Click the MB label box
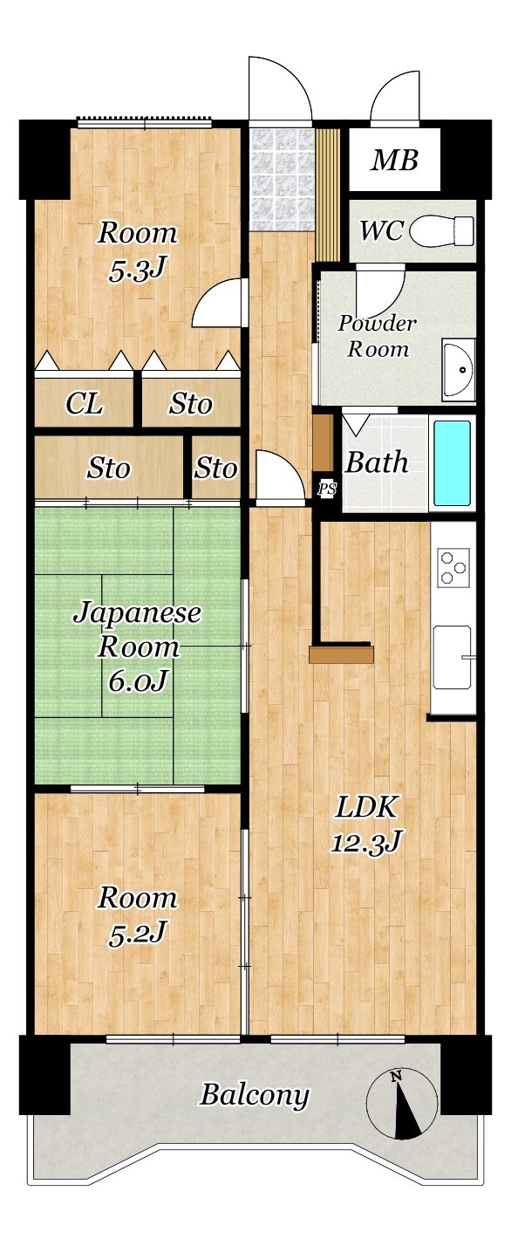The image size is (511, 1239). [394, 160]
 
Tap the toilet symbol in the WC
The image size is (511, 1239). [442, 231]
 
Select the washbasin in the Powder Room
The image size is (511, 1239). [458, 369]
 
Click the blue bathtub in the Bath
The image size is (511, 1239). [453, 463]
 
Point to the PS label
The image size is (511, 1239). [327, 489]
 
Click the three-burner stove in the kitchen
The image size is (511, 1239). [454, 566]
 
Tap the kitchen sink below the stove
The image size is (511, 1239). [453, 656]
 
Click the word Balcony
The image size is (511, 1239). [255, 1095]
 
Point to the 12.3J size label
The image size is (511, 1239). [366, 842]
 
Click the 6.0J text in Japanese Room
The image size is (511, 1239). [138, 680]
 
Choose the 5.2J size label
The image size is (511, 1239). [138, 932]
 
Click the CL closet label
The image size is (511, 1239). [84, 404]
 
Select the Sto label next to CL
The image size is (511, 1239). [190, 404]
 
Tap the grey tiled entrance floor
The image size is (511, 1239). [282, 179]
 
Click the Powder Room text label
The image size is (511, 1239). [378, 336]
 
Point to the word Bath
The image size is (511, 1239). [377, 462]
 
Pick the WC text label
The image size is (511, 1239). [382, 230]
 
